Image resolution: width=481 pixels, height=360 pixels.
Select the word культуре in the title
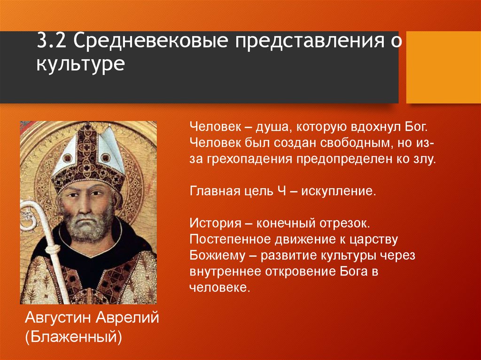[80, 63]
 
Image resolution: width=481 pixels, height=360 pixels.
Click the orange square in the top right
[443, 67]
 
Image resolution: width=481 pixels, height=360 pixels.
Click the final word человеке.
[218, 287]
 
